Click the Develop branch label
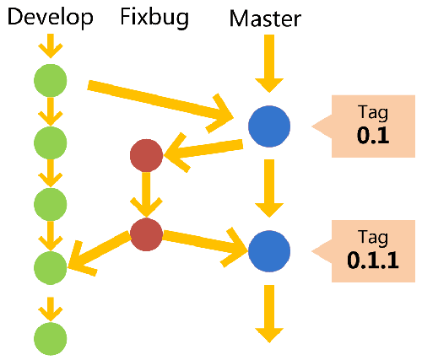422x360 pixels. [50, 18]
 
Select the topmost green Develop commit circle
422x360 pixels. [50, 81]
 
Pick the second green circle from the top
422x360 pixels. [50, 141]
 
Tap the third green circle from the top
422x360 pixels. [50, 202]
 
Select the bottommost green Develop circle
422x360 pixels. [50, 337]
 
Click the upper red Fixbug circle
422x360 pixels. [146, 156]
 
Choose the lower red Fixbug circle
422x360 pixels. [146, 234]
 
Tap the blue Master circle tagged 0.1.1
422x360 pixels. [269, 250]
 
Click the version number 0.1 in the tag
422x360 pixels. [372, 135]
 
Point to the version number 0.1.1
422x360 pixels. [372, 261]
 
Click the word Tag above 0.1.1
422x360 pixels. [372, 239]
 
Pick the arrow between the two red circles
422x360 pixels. [146, 194]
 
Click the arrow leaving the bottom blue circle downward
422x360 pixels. [269, 312]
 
